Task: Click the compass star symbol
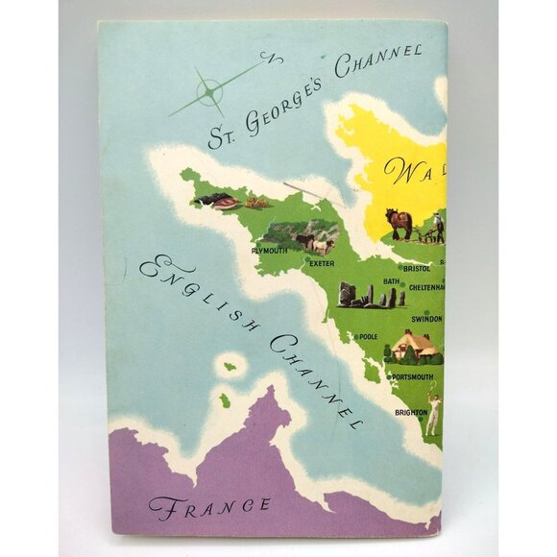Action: (x=209, y=91)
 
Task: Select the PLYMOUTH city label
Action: (x=270, y=251)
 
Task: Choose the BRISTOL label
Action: (x=418, y=269)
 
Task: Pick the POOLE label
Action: (x=368, y=337)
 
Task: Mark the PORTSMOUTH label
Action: (x=412, y=377)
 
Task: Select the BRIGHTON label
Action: (x=410, y=412)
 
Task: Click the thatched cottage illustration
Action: (x=414, y=346)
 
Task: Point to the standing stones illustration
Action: (x=368, y=295)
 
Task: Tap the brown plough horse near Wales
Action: (x=400, y=224)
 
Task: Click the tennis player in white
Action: (x=433, y=409)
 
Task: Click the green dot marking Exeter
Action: (x=306, y=260)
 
